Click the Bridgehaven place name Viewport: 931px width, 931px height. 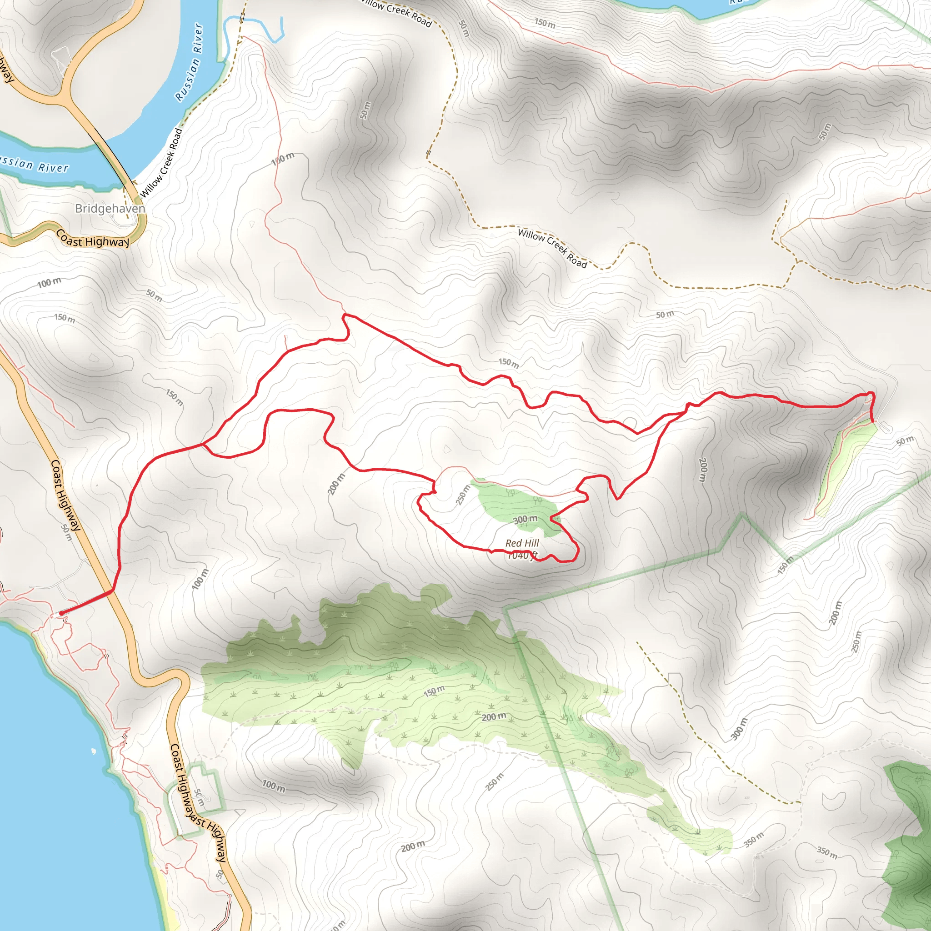coord(110,209)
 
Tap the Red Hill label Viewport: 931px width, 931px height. coord(522,543)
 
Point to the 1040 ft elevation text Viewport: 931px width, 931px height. coord(522,555)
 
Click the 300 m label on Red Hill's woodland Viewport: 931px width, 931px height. coord(525,520)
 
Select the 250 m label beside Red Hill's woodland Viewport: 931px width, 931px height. coord(463,495)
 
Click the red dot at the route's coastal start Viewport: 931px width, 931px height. coord(61,613)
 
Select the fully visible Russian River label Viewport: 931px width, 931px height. coord(190,63)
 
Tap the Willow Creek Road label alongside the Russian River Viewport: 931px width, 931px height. coord(162,163)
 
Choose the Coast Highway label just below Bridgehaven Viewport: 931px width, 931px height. coord(93,239)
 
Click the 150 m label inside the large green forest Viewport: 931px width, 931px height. coord(434,691)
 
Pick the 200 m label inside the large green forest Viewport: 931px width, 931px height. coord(494,716)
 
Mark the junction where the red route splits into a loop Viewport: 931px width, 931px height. coord(204,445)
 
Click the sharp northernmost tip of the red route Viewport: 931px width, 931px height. coord(345,315)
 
